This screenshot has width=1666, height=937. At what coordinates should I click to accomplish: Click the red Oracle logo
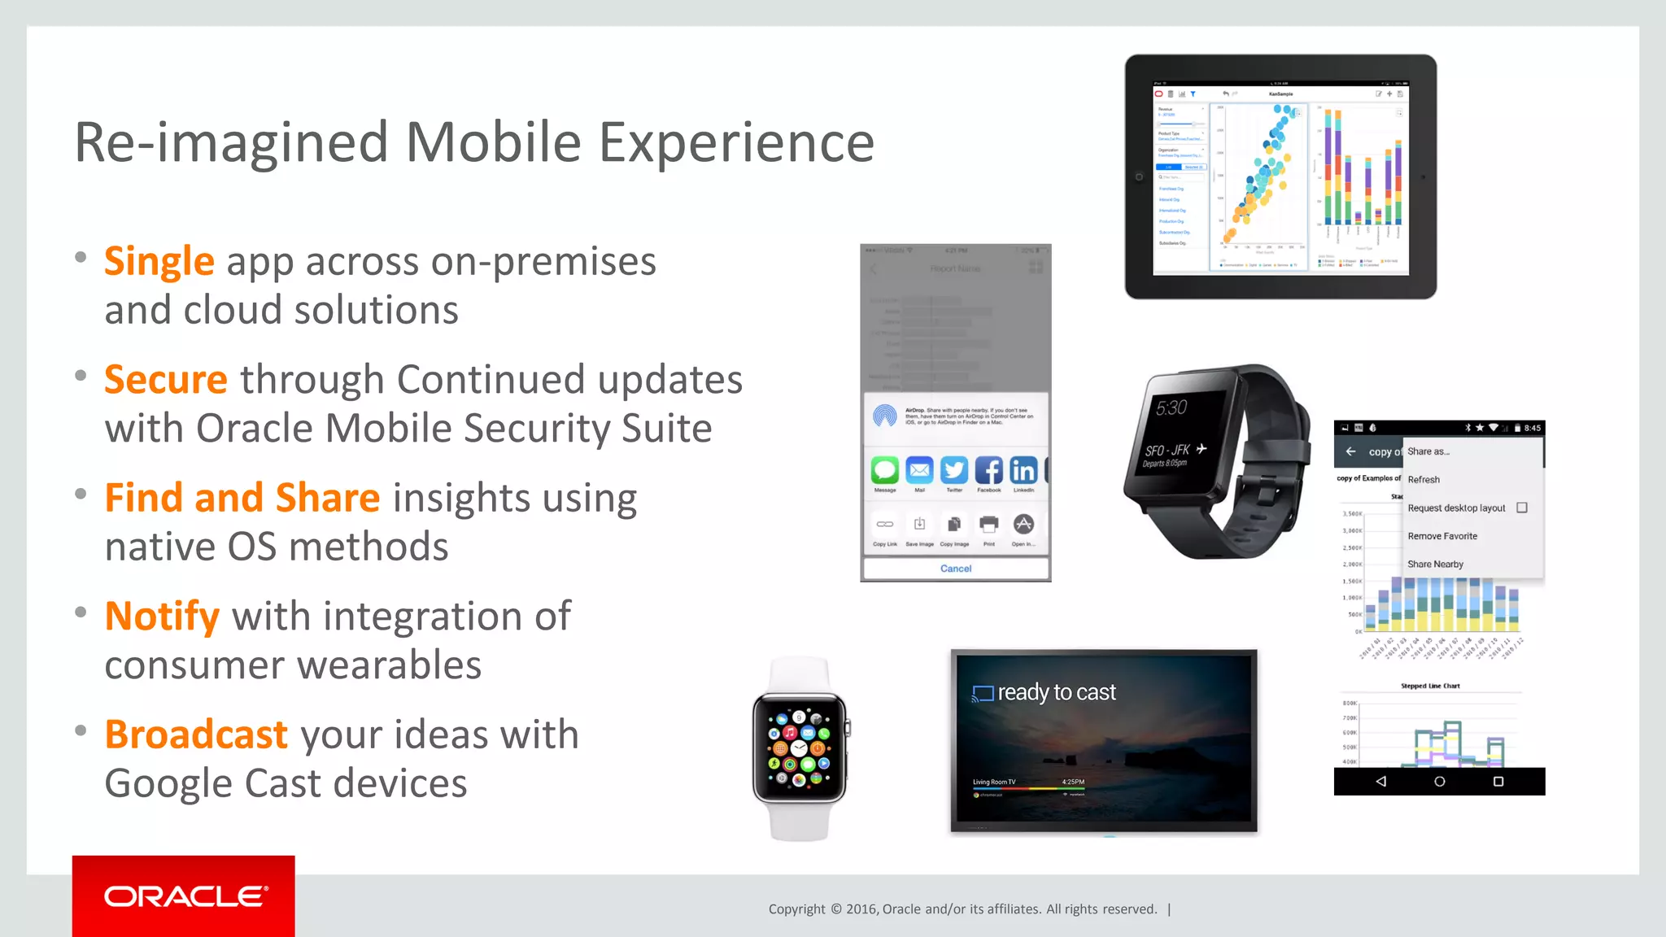pos(184,896)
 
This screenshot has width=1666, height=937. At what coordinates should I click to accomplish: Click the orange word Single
pos(159,262)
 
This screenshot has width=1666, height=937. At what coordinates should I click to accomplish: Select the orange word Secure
pos(166,380)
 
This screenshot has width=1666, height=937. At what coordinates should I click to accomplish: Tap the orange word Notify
pos(162,617)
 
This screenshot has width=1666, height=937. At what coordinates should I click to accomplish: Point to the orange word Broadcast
pos(196,734)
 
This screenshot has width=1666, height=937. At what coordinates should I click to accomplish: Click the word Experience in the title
pos(736,142)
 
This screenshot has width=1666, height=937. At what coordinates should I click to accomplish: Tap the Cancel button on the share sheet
pos(956,569)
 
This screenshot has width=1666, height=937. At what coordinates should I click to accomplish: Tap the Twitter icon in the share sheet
pos(954,470)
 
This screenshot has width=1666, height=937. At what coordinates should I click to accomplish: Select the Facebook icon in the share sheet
pos(989,470)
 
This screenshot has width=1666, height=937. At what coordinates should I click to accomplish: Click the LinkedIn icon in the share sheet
pos(1023,470)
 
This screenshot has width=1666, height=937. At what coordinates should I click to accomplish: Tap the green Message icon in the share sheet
pos(885,470)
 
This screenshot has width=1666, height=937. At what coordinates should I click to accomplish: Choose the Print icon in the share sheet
pos(989,525)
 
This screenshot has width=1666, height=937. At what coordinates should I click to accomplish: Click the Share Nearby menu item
pos(1435,564)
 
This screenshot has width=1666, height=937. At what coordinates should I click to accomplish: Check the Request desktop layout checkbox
pos(1522,508)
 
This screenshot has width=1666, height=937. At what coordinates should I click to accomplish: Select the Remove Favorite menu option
pos(1442,536)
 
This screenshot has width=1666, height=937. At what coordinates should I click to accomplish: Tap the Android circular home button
pos(1439,782)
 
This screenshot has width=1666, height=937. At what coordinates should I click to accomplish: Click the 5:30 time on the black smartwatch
pos(1171,407)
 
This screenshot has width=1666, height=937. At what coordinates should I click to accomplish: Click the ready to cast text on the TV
pos(1056,692)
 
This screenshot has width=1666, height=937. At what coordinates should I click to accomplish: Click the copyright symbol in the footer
pos(836,909)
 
